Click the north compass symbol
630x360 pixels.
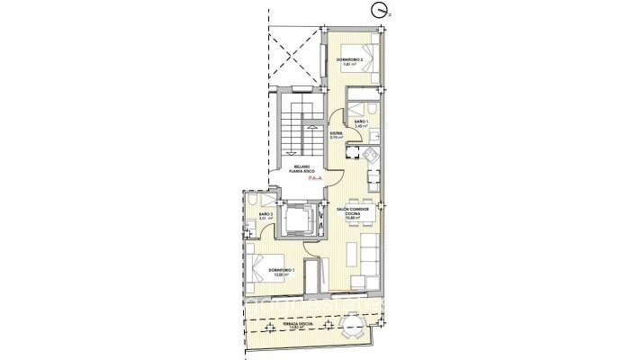tap(379, 10)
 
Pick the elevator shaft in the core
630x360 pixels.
tap(298, 219)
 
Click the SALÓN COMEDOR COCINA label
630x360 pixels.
tap(354, 212)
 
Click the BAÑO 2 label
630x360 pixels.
tap(265, 216)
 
